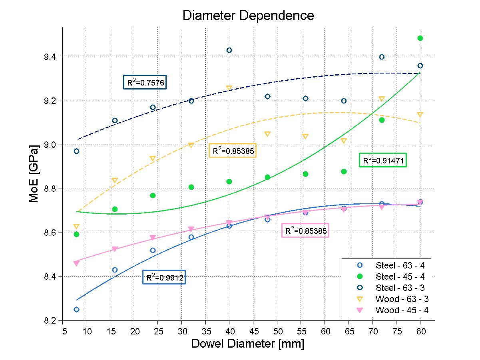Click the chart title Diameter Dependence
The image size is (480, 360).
pyautogui.click(x=248, y=16)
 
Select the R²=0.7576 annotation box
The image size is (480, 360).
pyautogui.click(x=144, y=83)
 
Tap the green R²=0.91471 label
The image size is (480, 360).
pyautogui.click(x=382, y=161)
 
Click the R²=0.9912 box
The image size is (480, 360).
pyautogui.click(x=164, y=277)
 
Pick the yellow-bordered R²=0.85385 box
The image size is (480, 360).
pyautogui.click(x=232, y=151)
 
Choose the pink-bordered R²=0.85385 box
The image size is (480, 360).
pyautogui.click(x=305, y=231)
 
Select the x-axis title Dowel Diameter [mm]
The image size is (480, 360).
pyautogui.click(x=247, y=344)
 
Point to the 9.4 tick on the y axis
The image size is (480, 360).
pyautogui.click(x=52, y=57)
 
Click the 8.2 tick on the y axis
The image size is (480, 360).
pyautogui.click(x=52, y=320)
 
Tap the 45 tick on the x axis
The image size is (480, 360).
pyautogui.click(x=253, y=331)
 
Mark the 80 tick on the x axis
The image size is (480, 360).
pyautogui.click(x=420, y=331)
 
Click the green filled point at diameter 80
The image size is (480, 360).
pyautogui.click(x=420, y=38)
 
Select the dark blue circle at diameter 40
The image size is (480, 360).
pyautogui.click(x=229, y=50)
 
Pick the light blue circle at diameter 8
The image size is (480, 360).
pyautogui.click(x=76, y=309)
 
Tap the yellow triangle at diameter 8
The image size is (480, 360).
pyautogui.click(x=76, y=227)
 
